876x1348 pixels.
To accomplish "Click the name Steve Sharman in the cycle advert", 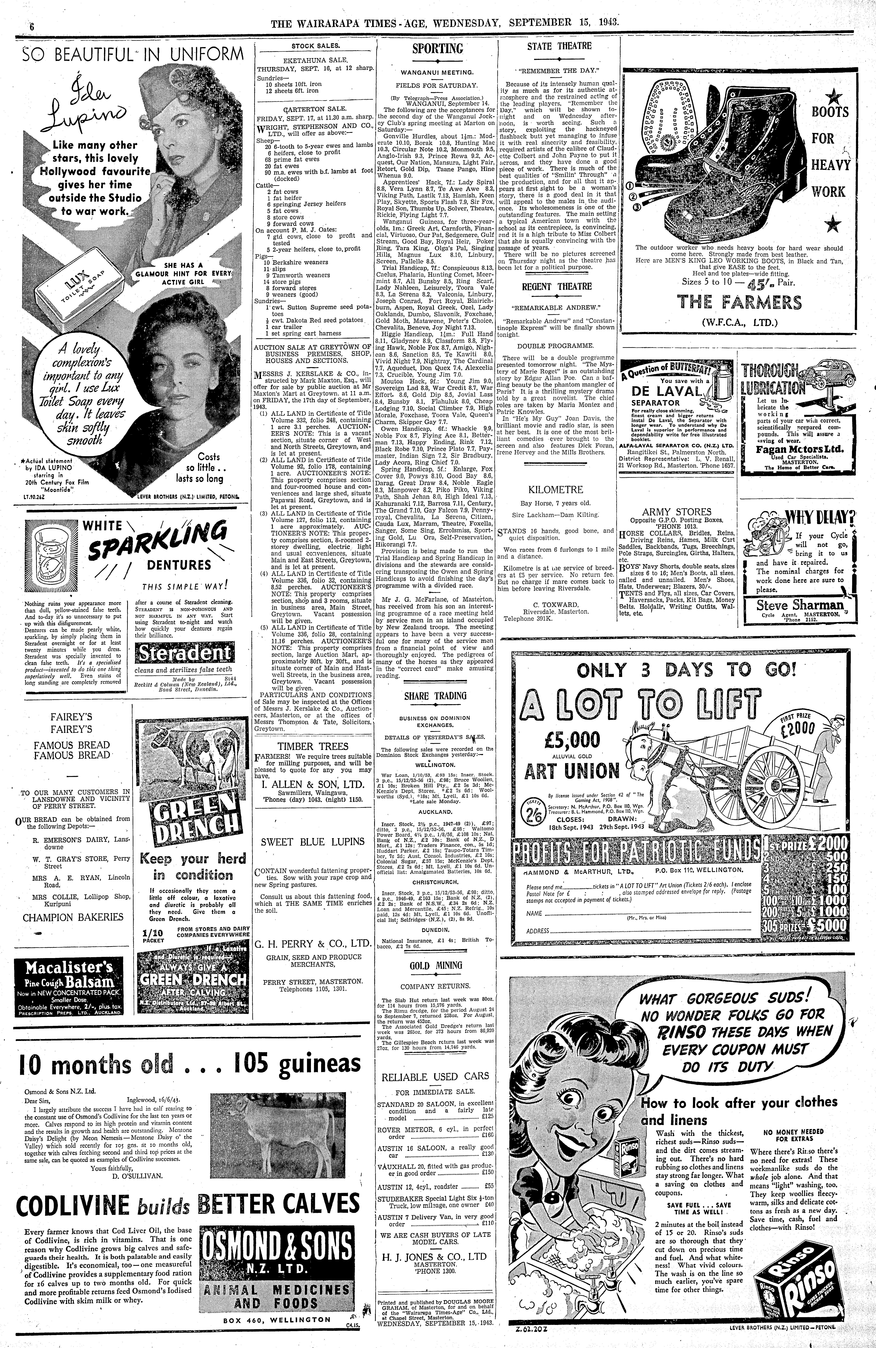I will tap(799, 606).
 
